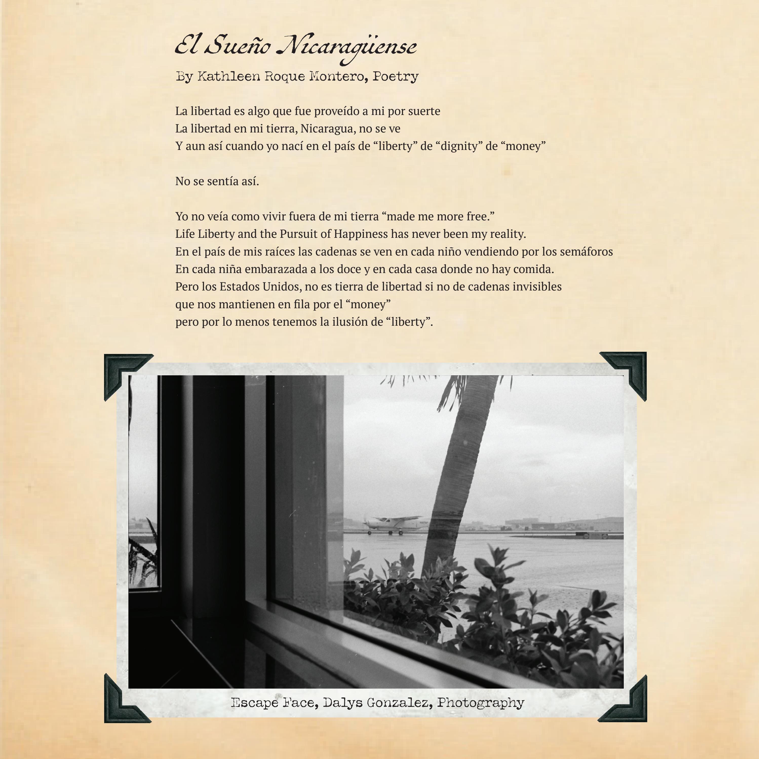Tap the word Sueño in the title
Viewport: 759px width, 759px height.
(238, 46)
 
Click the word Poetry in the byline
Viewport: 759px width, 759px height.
(395, 76)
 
